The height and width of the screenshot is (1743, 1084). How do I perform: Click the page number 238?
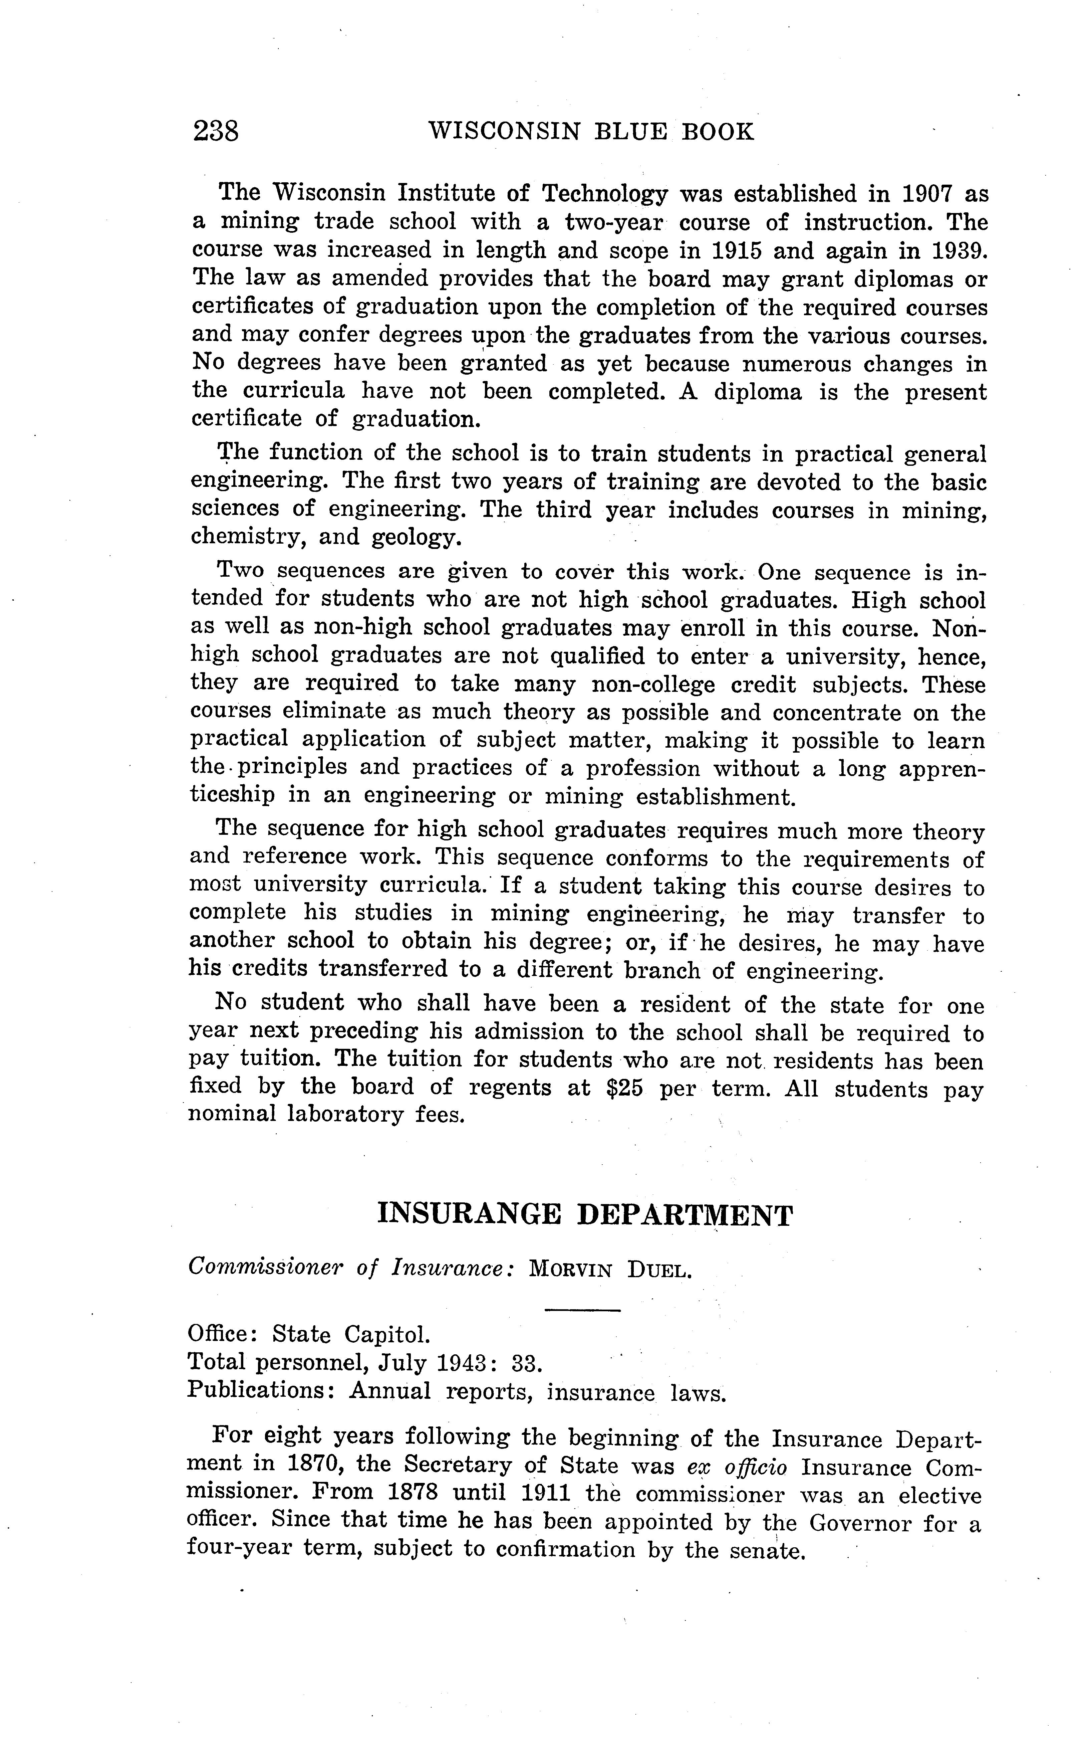tap(216, 132)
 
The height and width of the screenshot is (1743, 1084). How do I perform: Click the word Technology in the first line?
tap(604, 194)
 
